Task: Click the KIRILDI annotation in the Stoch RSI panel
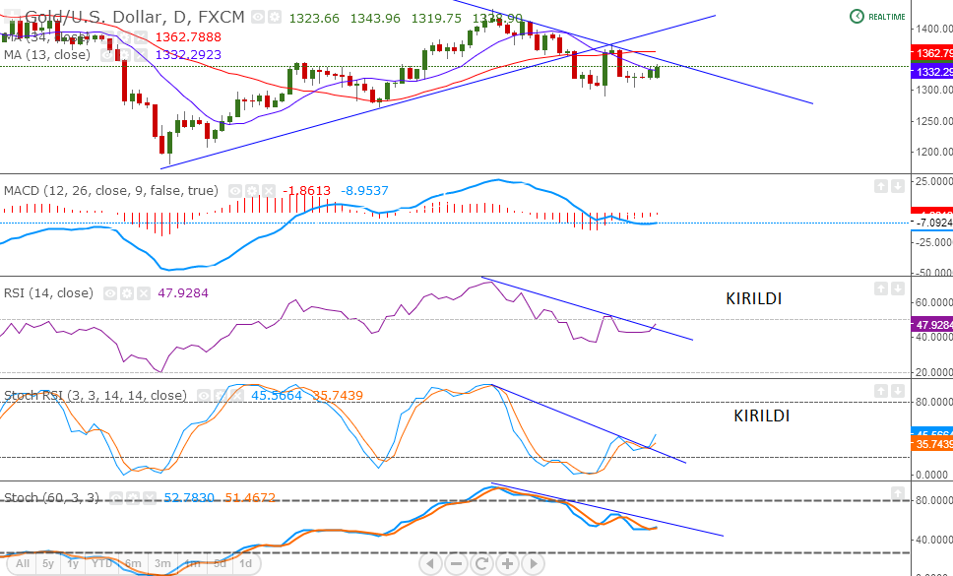pos(761,416)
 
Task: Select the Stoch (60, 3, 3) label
pos(51,497)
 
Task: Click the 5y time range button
pos(48,563)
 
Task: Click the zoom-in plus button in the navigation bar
pos(507,564)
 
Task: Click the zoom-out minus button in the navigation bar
pos(456,564)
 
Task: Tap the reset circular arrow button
pos(481,564)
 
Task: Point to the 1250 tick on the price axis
pos(931,121)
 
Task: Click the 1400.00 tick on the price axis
pos(931,29)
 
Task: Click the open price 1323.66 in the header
pos(315,18)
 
